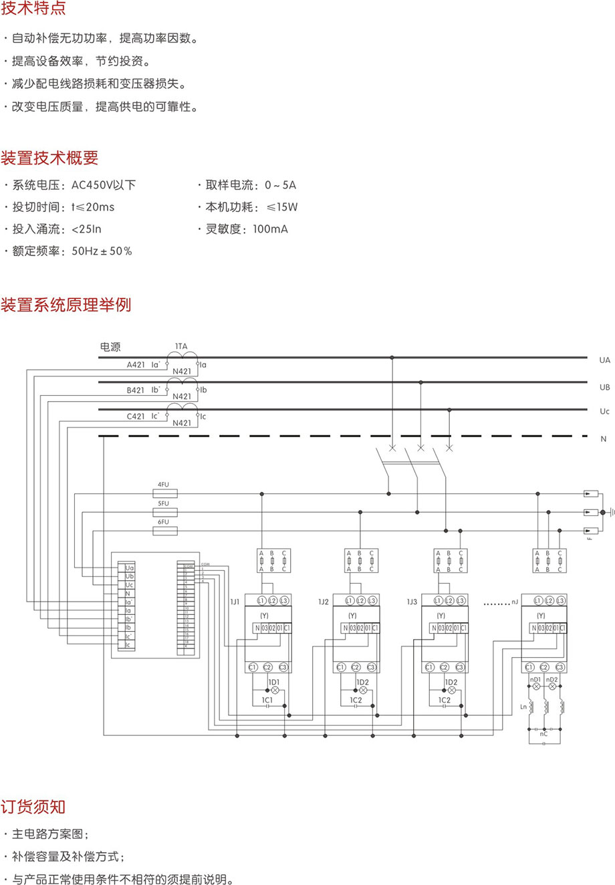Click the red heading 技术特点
coord(33,9)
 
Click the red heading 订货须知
coord(33,806)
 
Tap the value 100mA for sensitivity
coord(270,229)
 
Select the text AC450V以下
coord(104,185)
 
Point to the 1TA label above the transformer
coord(181,346)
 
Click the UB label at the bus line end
coord(604,387)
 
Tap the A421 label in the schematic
coord(136,365)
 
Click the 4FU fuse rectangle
coord(165,495)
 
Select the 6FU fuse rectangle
coord(165,531)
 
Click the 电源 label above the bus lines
coord(110,347)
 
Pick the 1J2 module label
coord(324,602)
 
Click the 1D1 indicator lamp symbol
coord(274,689)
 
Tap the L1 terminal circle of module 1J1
coord(261,601)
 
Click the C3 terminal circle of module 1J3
coord(460,667)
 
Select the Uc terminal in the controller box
coord(129,585)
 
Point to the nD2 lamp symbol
coord(551,687)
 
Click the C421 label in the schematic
coord(136,416)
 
